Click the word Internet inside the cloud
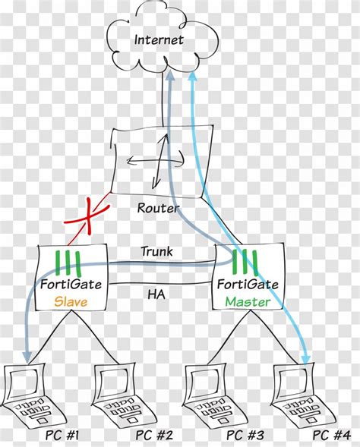(159, 39)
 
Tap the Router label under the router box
(158, 208)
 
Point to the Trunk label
(156, 251)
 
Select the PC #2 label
(154, 435)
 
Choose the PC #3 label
(244, 435)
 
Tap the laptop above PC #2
(118, 395)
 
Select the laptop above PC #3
(208, 395)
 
